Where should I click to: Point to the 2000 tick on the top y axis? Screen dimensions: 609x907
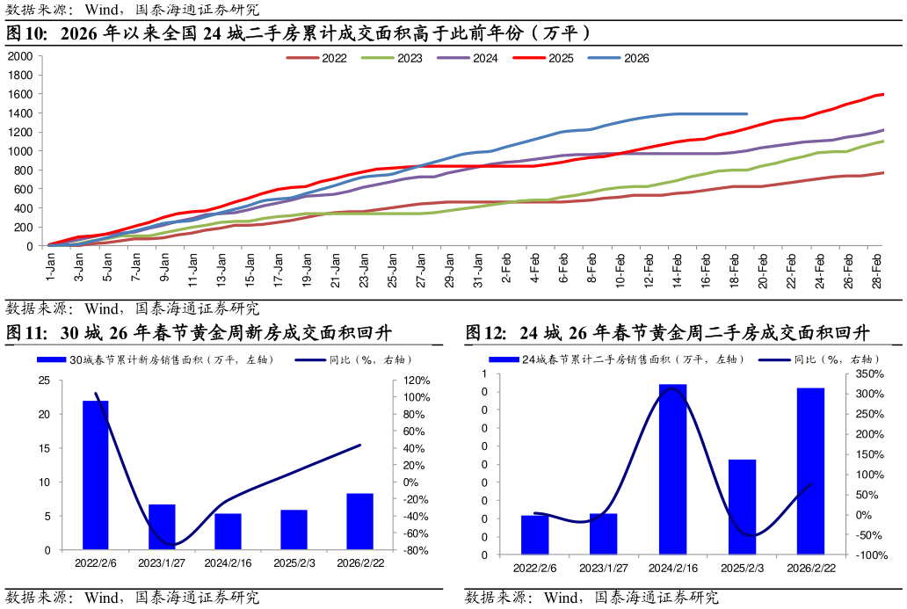[19, 56]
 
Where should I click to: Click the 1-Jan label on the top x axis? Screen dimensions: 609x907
[50, 264]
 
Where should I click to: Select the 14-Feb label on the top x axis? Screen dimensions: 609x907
[678, 266]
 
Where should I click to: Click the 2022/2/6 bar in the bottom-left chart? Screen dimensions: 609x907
[95, 475]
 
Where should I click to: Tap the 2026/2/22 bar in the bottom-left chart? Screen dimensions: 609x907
[359, 521]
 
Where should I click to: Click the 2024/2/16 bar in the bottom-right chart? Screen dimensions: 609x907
[672, 469]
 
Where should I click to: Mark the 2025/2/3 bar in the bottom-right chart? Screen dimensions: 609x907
[742, 507]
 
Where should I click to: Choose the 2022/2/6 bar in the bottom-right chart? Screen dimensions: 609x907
[534, 534]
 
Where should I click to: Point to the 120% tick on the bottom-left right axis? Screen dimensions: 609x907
[417, 381]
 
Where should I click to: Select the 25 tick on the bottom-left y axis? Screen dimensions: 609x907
[44, 381]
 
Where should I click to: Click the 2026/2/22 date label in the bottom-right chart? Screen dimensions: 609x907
[810, 569]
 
